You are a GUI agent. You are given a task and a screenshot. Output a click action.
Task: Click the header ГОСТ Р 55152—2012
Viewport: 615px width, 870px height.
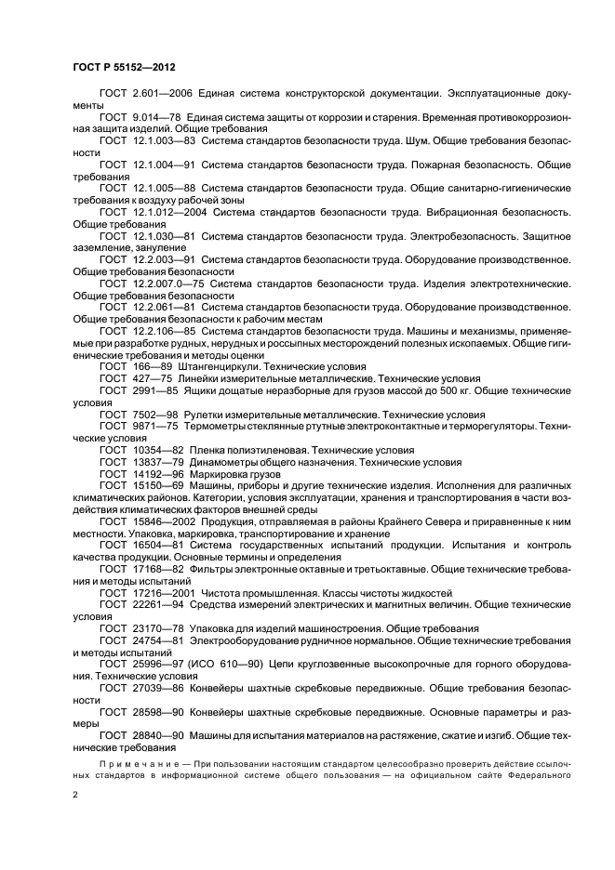(x=124, y=68)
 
